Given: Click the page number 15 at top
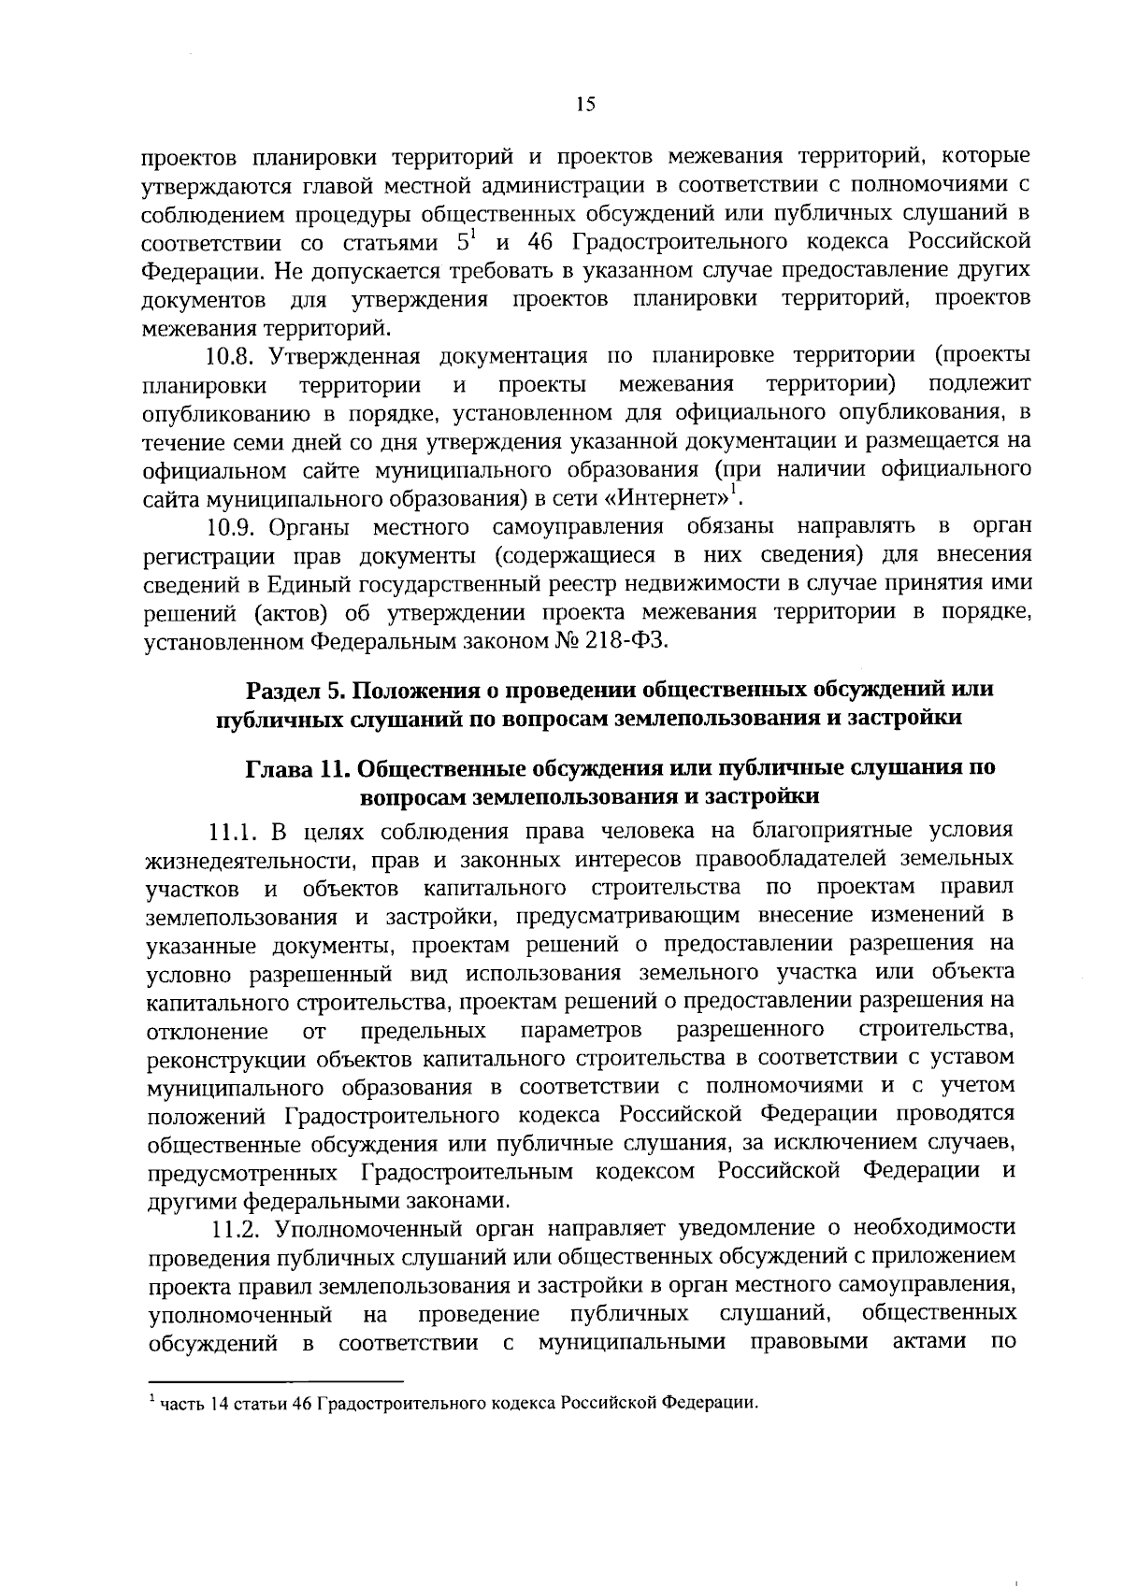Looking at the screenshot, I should [x=585, y=105].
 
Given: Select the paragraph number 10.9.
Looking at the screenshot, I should [x=233, y=527].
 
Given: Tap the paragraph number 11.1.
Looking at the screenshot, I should [x=235, y=831].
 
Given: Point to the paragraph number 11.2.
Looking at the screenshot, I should [x=235, y=1226].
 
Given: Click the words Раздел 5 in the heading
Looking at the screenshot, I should [x=295, y=690].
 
